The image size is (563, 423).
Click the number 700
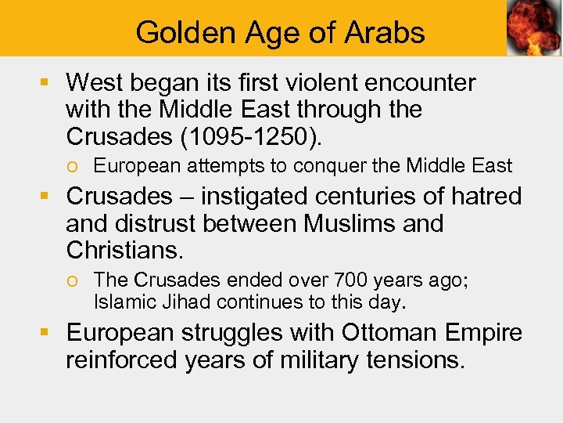pyautogui.click(x=348, y=280)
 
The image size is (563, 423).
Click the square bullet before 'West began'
pyautogui.click(x=48, y=82)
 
